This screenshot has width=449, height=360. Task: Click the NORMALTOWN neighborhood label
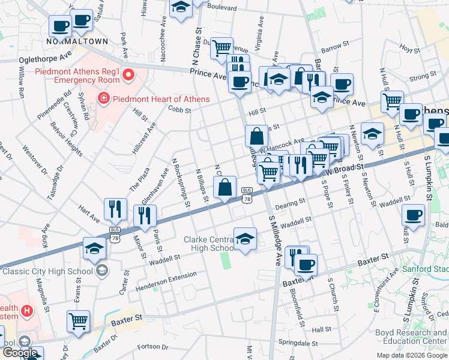pyautogui.click(x=77, y=41)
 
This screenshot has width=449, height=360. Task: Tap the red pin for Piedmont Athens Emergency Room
pyautogui.click(x=128, y=75)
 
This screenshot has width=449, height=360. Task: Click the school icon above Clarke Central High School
pyautogui.click(x=245, y=239)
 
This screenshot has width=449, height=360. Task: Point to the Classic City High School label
pyautogui.click(x=48, y=271)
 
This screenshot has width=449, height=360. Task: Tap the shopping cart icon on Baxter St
pyautogui.click(x=79, y=322)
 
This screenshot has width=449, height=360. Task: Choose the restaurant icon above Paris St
pyautogui.click(x=145, y=216)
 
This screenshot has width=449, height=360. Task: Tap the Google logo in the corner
pyautogui.click(x=19, y=353)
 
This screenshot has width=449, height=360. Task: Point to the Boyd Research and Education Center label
pyautogui.click(x=411, y=337)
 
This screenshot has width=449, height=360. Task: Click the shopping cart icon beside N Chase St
pyautogui.click(x=222, y=47)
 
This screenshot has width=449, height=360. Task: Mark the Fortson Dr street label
pyautogui.click(x=153, y=346)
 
